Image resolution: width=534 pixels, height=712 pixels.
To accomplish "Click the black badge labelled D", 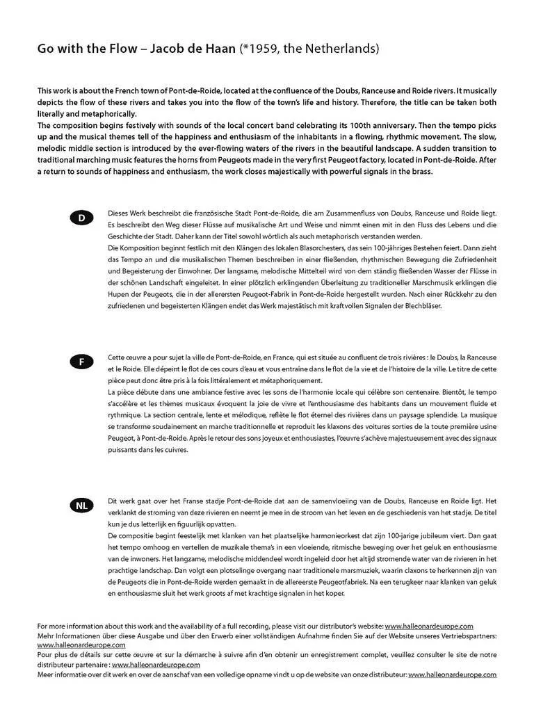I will click(x=81, y=218).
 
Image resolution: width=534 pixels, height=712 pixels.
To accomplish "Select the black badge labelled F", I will click(x=81, y=362).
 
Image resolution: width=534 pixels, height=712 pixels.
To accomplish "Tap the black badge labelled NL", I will click(x=81, y=505).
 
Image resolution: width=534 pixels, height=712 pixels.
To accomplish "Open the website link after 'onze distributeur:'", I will click(x=452, y=674).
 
